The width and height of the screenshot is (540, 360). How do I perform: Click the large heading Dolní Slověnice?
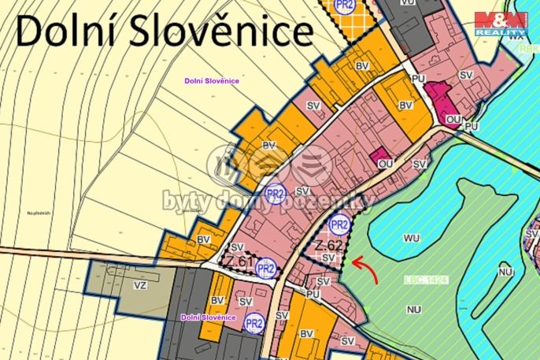[x=165, y=32]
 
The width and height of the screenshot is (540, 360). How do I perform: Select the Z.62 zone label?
[x=328, y=246]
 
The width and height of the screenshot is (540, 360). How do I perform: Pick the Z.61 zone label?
[x=239, y=262]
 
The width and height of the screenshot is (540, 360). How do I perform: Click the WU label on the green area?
[x=411, y=237]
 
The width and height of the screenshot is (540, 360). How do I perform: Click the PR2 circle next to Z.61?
[x=266, y=269]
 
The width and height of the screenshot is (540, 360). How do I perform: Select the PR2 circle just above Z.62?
[x=338, y=225]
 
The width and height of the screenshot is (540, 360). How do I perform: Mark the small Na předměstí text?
[x=37, y=213]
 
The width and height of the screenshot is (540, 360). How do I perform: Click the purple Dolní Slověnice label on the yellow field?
[x=211, y=80]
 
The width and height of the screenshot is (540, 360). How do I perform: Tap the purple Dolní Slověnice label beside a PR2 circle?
[x=208, y=317]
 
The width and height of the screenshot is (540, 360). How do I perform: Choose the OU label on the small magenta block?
[x=385, y=163]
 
